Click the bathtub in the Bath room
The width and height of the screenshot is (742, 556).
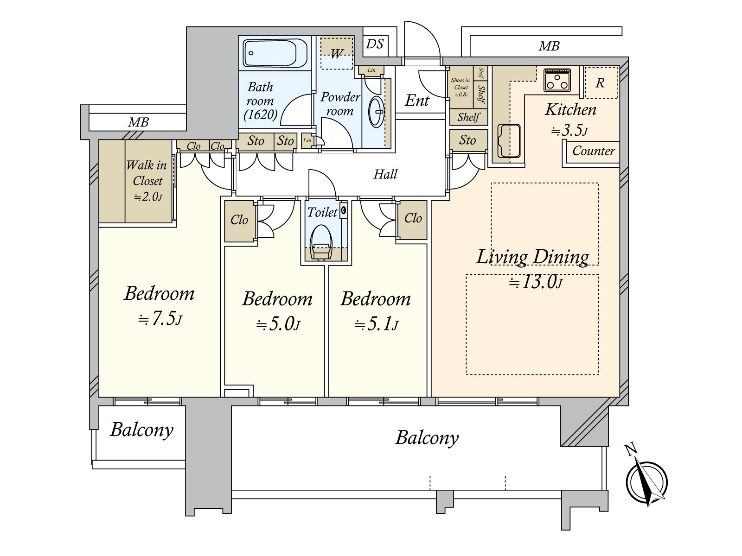coord(275,53)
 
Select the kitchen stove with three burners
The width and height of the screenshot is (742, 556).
coord(557,79)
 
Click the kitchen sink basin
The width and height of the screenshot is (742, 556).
coord(509,141)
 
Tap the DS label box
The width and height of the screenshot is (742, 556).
coord(375,44)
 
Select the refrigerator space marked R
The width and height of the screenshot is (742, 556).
coord(601,82)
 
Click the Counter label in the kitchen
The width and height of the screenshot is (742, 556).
coord(593,151)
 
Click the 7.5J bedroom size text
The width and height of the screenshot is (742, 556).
coord(160,319)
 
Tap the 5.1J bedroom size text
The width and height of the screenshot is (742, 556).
coord(376,324)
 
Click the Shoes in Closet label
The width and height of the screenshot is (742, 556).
coord(461,87)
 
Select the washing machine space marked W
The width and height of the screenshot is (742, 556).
coord(337,53)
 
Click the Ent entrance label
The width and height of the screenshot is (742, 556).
coord(417,101)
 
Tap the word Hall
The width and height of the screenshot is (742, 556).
coord(385,174)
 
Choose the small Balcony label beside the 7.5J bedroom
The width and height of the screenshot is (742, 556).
coord(141,430)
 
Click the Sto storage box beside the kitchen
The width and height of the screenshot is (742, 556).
coord(468,140)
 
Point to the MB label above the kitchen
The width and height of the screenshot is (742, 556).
coord(549,46)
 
